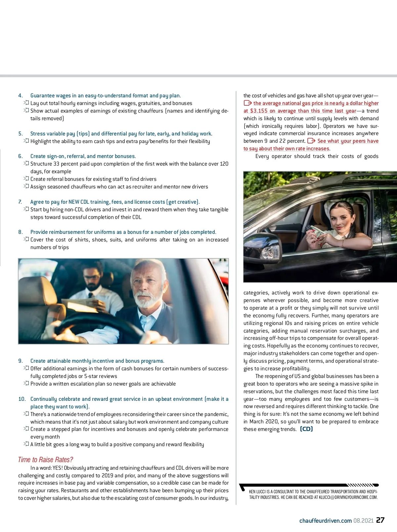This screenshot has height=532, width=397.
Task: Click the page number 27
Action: point(380,520)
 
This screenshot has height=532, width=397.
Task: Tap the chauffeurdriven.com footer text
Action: point(326,520)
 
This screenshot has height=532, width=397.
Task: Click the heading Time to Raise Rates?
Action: point(45,459)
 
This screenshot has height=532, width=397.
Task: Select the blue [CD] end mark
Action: point(306,429)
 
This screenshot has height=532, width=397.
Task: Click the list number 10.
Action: point(22,399)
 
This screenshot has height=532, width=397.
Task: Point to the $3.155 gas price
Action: point(259,111)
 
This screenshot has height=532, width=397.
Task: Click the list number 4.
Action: point(20,96)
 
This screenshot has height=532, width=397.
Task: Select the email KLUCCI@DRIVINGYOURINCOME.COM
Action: point(348,497)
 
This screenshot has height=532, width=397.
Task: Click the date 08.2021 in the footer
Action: point(363,520)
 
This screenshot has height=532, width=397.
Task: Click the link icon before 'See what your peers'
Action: point(311,141)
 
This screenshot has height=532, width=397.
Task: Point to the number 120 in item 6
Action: point(224,164)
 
